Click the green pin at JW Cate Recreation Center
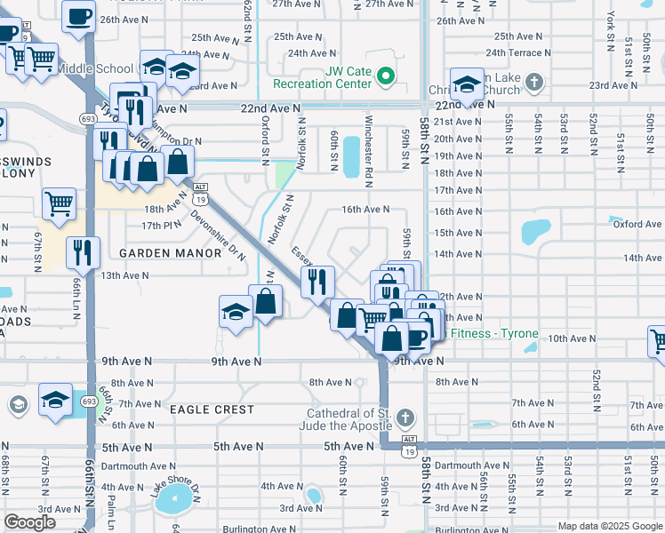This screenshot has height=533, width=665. click(x=385, y=77)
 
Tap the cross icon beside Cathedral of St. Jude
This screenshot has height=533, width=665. click(x=405, y=418)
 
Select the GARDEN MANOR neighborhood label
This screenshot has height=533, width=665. click(x=170, y=253)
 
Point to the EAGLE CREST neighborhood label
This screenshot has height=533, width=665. click(x=212, y=410)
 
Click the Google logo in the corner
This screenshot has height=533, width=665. click(x=29, y=522)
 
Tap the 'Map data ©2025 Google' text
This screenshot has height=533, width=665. click(x=609, y=526)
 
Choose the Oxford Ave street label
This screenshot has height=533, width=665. click(x=637, y=224)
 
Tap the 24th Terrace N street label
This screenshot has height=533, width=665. click(x=524, y=53)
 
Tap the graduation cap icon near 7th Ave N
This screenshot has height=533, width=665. click(x=55, y=400)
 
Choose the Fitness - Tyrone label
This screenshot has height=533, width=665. click(x=493, y=334)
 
